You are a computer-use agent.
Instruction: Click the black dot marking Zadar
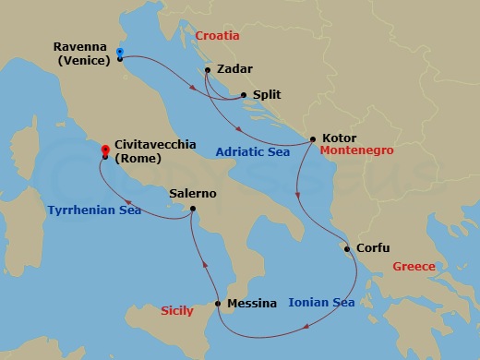[x=209, y=70]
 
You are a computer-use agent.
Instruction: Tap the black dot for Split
[x=243, y=94]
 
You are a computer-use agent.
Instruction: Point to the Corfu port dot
[x=346, y=248]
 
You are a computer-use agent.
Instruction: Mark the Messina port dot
[x=218, y=304]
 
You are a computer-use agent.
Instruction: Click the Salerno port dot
[x=192, y=209]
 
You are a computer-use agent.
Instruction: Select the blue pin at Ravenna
[x=121, y=54]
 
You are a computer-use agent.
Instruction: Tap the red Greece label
[x=414, y=267]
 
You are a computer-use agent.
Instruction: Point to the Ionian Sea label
[x=321, y=302]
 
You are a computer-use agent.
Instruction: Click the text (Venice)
[x=83, y=61]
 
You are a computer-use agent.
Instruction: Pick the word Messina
[x=251, y=303]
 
